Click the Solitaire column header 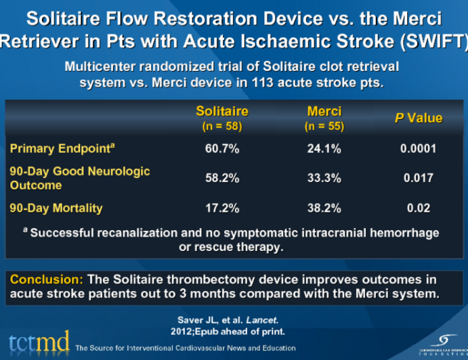(x=221, y=111)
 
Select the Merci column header (x=324, y=111)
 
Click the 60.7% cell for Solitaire (x=221, y=149)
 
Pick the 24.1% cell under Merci (x=324, y=149)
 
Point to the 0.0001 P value (x=419, y=149)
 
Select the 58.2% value (x=221, y=178)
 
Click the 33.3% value (x=324, y=178)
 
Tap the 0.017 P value (x=419, y=178)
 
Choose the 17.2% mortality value (x=221, y=208)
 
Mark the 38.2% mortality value (x=324, y=208)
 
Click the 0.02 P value (x=419, y=208)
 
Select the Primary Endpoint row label (x=55, y=149)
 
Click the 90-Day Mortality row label (x=56, y=208)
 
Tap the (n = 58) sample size (x=221, y=126)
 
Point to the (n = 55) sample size (x=324, y=126)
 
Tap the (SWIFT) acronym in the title (x=436, y=41)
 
